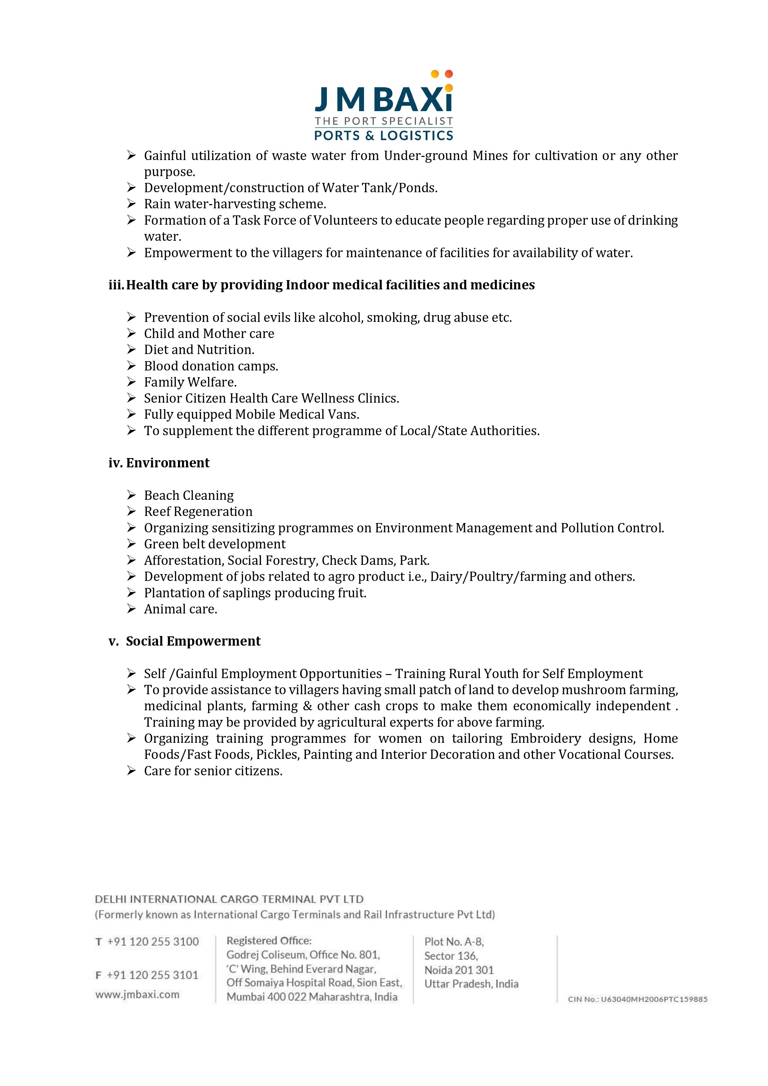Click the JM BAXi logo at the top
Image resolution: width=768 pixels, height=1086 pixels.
[x=384, y=106]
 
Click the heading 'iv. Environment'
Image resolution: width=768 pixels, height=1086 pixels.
[x=159, y=463]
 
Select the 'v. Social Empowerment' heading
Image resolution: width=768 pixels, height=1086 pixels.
[x=184, y=641]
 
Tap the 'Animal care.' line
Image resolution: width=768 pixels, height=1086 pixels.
[x=180, y=609]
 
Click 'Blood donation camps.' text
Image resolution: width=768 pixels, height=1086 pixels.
[x=211, y=366]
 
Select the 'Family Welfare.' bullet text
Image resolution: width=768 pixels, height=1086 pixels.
[x=190, y=382]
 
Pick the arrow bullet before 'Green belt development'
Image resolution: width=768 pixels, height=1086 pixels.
[x=132, y=544]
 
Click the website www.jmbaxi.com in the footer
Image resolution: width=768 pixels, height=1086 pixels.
[x=137, y=994]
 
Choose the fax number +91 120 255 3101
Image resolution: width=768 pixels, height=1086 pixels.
[x=152, y=975]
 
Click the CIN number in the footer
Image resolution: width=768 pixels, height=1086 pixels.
[x=637, y=999]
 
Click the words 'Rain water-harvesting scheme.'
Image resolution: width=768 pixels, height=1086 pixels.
[x=235, y=204]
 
